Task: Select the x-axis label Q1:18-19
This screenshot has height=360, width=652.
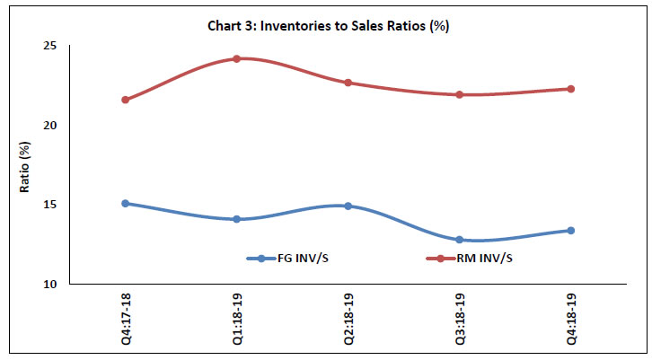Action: pyautogui.click(x=237, y=318)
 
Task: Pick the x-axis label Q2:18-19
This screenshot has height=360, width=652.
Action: pyautogui.click(x=348, y=318)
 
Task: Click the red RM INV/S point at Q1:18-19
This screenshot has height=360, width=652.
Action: pyautogui.click(x=237, y=59)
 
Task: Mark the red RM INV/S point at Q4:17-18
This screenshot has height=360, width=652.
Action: pyautogui.click(x=126, y=100)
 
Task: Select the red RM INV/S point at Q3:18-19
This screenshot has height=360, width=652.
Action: pyautogui.click(x=460, y=94)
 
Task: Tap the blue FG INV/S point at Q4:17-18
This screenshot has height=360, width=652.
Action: pyautogui.click(x=126, y=204)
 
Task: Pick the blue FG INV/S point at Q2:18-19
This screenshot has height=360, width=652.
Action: pyautogui.click(x=348, y=206)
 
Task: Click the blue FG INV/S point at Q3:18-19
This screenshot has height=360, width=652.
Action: pyautogui.click(x=460, y=240)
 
